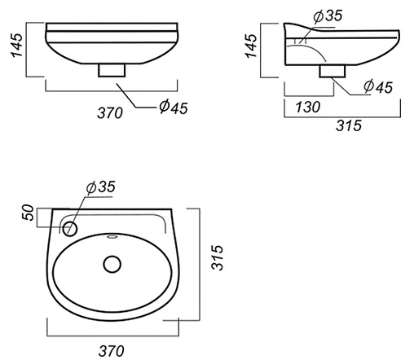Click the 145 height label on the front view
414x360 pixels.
17,46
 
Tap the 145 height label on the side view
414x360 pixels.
251,46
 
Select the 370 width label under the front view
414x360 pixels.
110,113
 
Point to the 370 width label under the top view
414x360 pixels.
112,351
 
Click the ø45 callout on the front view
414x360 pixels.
174,108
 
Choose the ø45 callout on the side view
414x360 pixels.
378,86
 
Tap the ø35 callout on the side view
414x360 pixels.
328,15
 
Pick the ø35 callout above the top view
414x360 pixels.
101,187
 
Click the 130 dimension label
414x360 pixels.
308,107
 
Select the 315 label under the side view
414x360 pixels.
349,125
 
